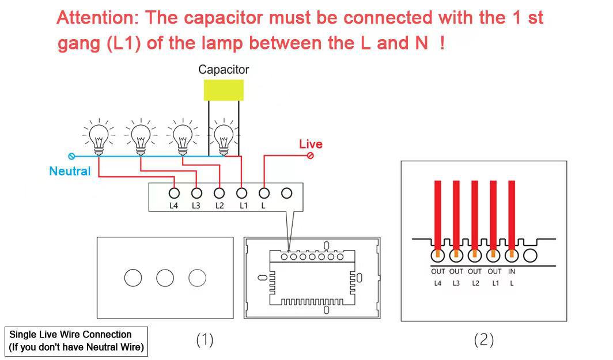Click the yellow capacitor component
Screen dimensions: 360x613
pos(224,90)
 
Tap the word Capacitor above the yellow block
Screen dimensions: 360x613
pos(224,70)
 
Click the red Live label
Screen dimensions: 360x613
pos(311,144)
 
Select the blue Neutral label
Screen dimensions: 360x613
pos(70,171)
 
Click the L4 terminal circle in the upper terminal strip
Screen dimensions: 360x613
pos(174,193)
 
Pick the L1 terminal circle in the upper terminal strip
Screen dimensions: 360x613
pos(242,193)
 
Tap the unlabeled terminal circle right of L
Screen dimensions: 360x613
pos(287,193)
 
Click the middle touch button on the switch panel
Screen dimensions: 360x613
pos(165,278)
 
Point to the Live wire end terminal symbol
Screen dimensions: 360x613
pos(311,156)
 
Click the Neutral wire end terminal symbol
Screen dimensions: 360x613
pos(72,156)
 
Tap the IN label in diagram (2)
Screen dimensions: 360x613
pos(512,271)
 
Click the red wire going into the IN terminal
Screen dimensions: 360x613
pos(512,213)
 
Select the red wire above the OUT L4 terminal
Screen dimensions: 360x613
pos(438,213)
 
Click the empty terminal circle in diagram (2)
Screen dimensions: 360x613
pos(531,254)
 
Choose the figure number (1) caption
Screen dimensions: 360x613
pos(205,340)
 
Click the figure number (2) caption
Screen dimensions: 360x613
pos(483,340)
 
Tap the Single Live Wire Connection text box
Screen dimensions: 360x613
pos(77,341)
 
